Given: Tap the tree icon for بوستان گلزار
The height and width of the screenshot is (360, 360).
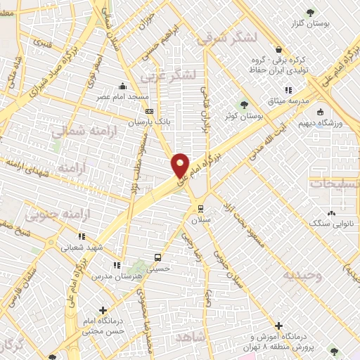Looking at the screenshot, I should click(310, 13).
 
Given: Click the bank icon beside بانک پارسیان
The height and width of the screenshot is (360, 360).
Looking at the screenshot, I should click(149, 111).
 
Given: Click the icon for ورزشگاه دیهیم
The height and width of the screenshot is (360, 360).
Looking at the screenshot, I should click(320, 112).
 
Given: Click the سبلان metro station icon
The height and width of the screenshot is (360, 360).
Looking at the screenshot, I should click(201, 208).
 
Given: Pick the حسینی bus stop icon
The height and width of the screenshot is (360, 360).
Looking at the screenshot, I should click(157, 257).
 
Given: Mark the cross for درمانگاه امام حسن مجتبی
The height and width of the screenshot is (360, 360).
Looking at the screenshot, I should click(103, 309).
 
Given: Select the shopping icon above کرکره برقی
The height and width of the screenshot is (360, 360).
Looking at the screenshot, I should click(279, 49).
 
